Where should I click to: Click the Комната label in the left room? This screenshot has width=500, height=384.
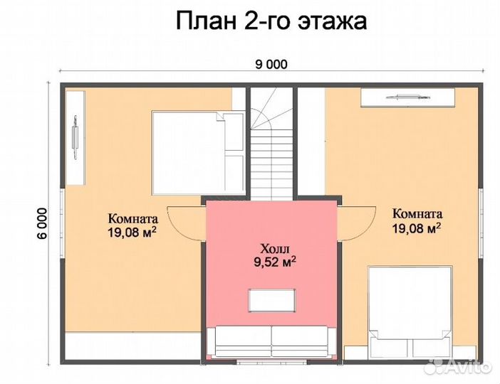point(132,218)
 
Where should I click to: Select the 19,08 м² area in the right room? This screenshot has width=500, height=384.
point(417,228)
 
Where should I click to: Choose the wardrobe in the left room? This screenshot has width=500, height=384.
point(75,135)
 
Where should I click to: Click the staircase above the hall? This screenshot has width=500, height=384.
point(271,142)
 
